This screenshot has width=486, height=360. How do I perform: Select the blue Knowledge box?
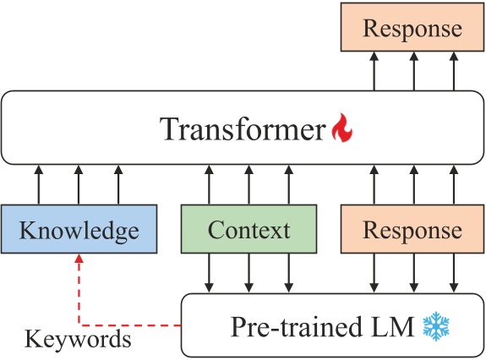click(x=79, y=230)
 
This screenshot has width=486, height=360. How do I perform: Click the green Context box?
click(x=248, y=230)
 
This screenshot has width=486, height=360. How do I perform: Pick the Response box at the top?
click(x=412, y=29)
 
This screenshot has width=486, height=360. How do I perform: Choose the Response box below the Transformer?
click(x=412, y=230)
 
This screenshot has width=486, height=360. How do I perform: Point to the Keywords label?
click(x=78, y=340)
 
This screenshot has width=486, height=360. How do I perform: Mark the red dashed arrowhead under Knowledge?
click(x=79, y=261)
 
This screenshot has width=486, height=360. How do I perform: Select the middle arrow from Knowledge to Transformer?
click(x=79, y=185)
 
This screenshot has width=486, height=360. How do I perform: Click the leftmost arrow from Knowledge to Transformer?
click(x=38, y=185)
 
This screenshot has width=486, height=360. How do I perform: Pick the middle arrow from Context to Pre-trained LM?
click(x=248, y=273)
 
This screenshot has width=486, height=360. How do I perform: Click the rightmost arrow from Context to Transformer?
click(x=289, y=185)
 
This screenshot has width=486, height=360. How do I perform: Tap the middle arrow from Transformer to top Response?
click(x=412, y=71)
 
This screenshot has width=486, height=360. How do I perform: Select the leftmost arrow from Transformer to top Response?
click(x=373, y=71)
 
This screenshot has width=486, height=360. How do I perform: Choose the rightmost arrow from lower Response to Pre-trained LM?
click(x=453, y=273)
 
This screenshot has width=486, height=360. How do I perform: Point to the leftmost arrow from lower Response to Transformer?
click(x=373, y=185)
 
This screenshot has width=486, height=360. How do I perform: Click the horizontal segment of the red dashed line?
click(x=131, y=324)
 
